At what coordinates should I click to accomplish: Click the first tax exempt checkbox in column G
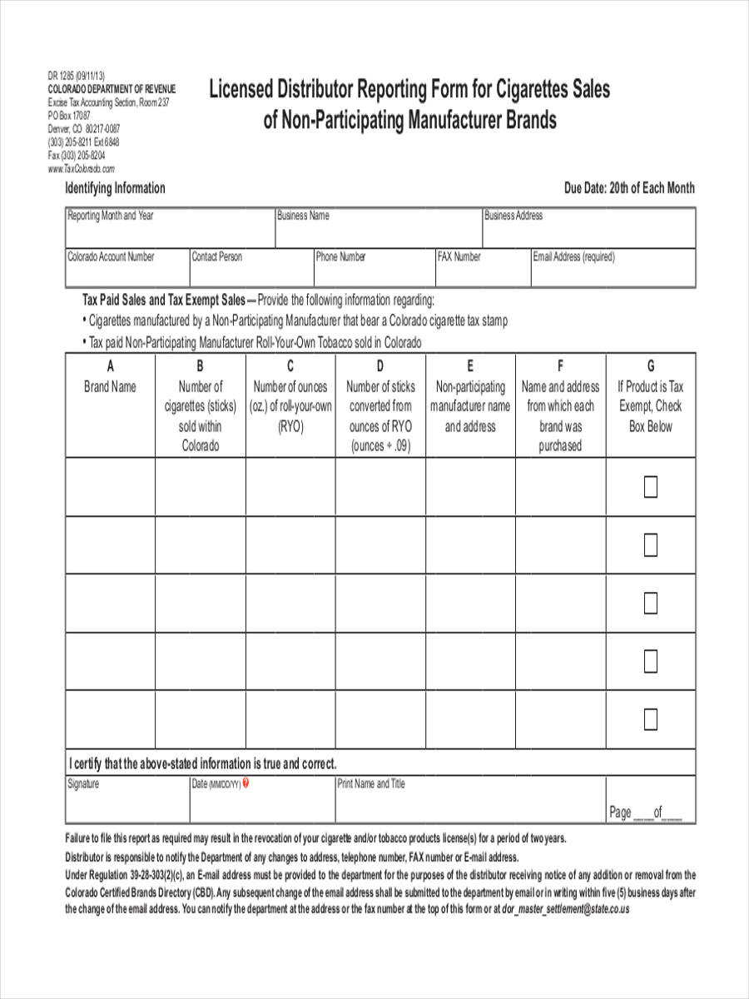pos(651,487)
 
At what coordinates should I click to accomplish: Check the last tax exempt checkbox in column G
pos(651,718)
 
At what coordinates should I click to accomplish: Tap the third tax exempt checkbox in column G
pos(651,603)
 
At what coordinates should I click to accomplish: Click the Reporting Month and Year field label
pos(111,216)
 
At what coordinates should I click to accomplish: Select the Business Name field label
pos(303,216)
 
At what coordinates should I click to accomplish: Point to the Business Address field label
pos(513,216)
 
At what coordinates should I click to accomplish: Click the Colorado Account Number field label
pos(111,257)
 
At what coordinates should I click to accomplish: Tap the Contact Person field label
pos(217,257)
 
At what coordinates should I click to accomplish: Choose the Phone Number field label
pos(340,257)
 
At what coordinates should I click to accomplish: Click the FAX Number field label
pos(459,257)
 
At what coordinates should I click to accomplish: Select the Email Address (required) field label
pos(574,257)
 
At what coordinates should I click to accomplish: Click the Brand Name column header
pos(111,386)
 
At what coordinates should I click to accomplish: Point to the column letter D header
pos(380,366)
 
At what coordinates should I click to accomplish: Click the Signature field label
pos(83,784)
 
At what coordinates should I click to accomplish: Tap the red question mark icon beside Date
pos(246,783)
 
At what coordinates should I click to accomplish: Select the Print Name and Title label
pos(371,784)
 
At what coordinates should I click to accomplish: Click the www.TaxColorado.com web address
pos(82,167)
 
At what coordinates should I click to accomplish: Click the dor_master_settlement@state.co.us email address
pos(566,910)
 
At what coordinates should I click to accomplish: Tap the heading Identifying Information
pos(116,188)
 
